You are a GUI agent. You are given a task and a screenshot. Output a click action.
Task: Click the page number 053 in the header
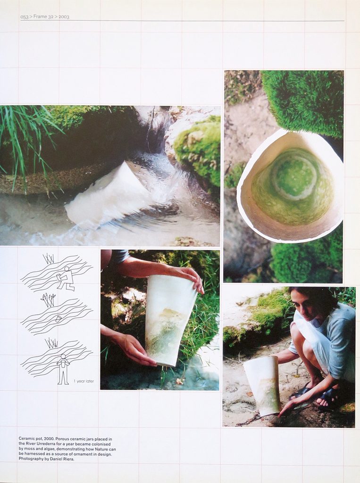click(x=24, y=17)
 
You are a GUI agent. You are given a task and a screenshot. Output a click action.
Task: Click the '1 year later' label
click(x=84, y=381)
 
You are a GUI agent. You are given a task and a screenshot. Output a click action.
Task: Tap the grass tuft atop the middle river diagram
click(x=49, y=299)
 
